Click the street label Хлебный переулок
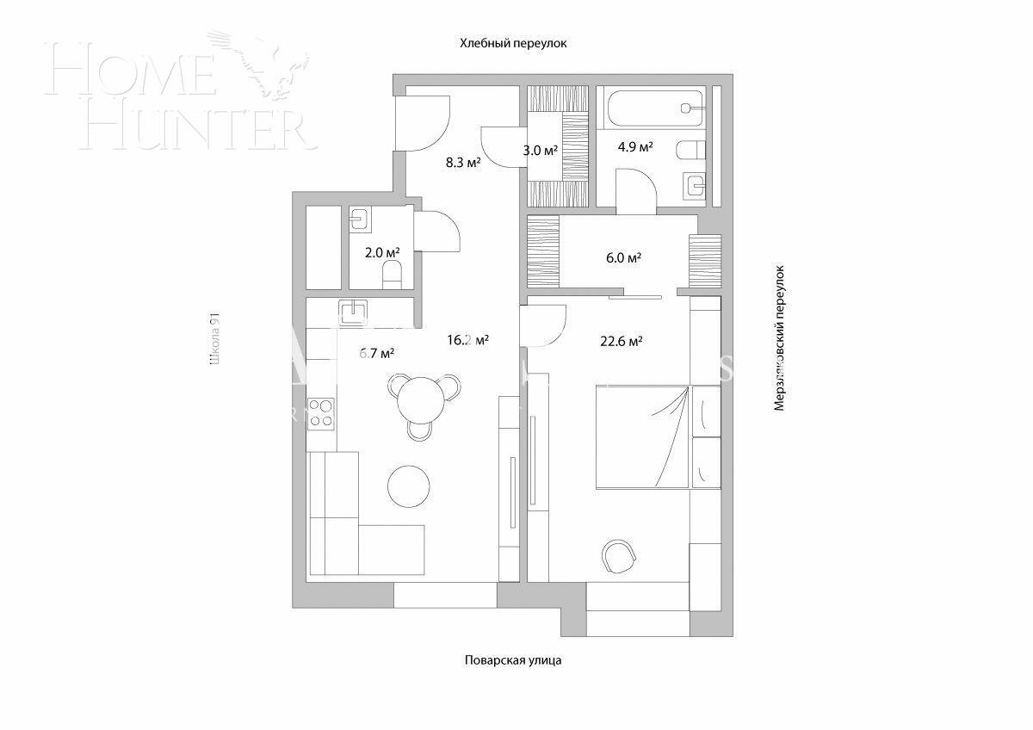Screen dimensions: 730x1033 pos(514,42)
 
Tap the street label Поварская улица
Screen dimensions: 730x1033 pos(513,660)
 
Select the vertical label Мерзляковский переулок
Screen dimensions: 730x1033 pos(780,337)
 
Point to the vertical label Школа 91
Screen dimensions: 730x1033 pos(215,340)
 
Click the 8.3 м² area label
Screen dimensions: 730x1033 pos(462,162)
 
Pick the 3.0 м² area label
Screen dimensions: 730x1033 pos(540,150)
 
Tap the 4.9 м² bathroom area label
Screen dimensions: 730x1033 pos(635,146)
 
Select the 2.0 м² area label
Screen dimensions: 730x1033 pos(381,252)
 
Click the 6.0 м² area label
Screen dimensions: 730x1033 pos(623,257)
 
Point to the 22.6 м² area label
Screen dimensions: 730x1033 pos(622,341)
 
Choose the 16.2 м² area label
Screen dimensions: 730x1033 pos(467,339)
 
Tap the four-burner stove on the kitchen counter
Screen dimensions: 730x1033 pos(321,412)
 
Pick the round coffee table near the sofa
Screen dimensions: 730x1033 pos(408,486)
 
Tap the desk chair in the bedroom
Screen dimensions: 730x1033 pos(619,556)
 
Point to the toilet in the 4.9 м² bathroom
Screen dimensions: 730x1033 pos(689,152)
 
